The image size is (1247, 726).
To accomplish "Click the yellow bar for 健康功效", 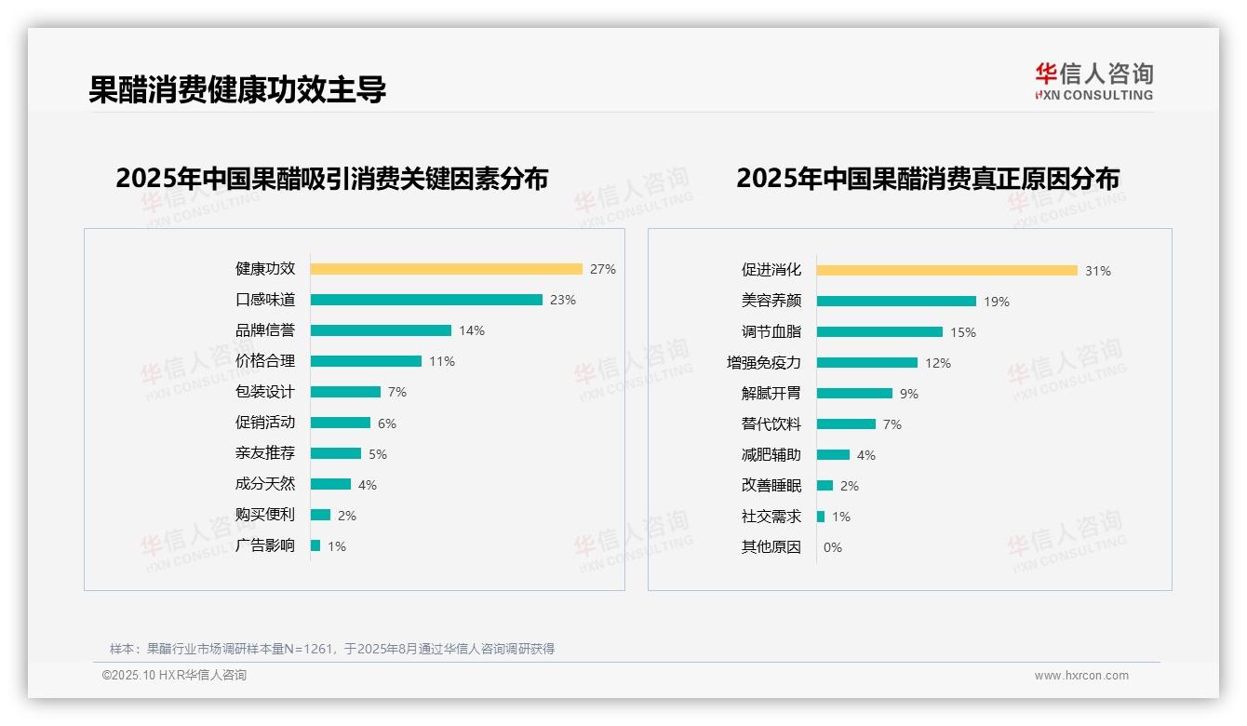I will tap(446, 269).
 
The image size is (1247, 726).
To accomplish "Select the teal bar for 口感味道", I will tap(426, 300).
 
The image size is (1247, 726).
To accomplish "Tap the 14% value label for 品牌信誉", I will tap(472, 330).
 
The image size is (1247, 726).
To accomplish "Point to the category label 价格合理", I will tap(265, 361).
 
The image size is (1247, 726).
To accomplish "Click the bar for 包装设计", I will tap(345, 392).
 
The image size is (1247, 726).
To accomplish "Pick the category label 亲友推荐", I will tap(265, 453).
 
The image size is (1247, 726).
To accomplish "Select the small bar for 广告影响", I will tap(315, 545).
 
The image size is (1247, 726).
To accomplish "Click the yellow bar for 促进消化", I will tap(946, 271).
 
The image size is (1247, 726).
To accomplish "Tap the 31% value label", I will tap(1098, 271).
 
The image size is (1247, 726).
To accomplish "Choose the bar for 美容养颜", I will tap(896, 302).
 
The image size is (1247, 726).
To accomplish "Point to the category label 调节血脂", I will tap(771, 331).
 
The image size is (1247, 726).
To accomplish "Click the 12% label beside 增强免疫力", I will tap(938, 363).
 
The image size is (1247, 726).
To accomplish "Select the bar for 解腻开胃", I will tap(854, 394).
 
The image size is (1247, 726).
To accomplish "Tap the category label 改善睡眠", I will tap(771, 486).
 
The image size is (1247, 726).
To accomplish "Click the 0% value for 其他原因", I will tap(833, 547).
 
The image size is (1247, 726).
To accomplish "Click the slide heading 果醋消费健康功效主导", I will tap(237, 89).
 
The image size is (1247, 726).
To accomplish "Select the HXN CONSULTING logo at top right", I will tap(1093, 82).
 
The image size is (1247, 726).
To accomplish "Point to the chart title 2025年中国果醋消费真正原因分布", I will tap(928, 179).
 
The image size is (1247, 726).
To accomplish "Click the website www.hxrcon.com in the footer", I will tap(1081, 676).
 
